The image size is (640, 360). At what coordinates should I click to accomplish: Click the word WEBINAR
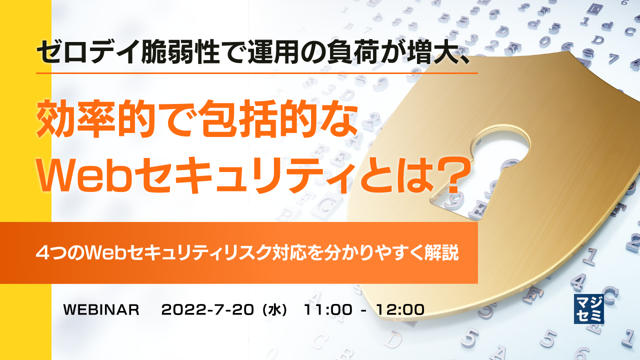click(101, 310)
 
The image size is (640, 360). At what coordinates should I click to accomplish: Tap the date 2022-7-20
click(208, 310)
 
